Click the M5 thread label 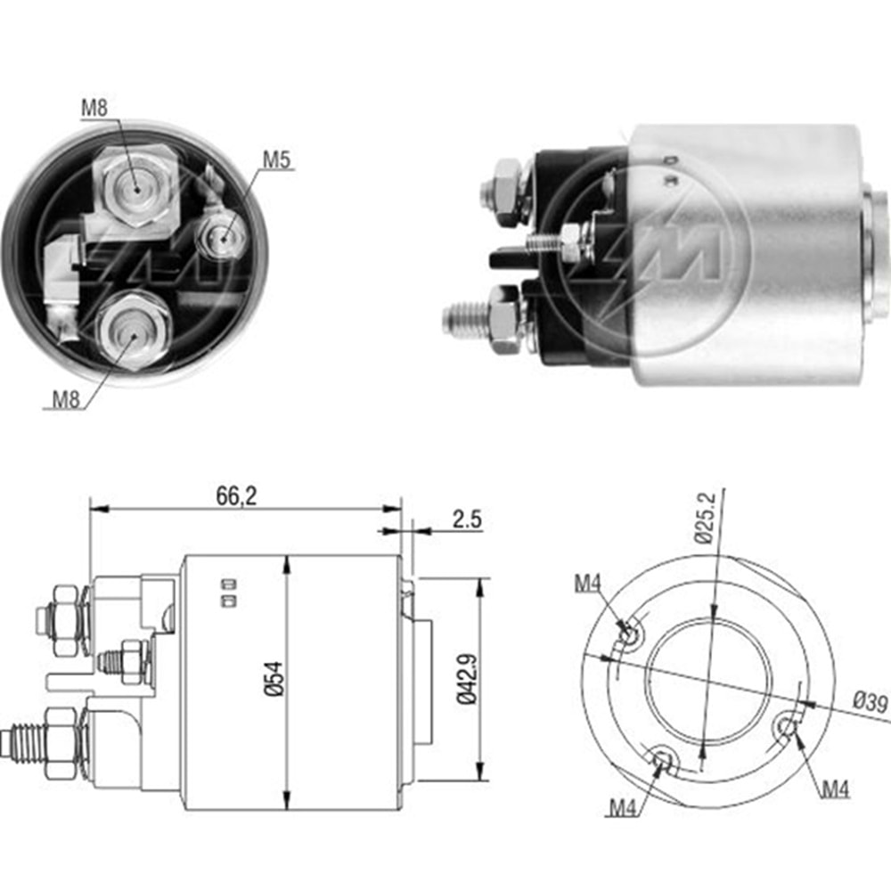(276, 159)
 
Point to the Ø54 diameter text (274, 680)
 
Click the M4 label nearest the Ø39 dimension (835, 788)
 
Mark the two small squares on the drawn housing (229, 593)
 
